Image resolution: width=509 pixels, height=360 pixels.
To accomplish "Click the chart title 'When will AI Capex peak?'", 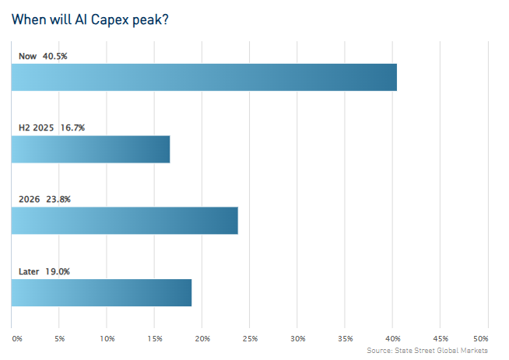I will [90, 19].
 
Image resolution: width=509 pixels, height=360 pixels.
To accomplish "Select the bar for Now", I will [204, 78].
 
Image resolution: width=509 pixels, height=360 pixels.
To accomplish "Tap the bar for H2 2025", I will [90, 149].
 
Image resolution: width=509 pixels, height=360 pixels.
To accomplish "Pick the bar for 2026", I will [125, 221].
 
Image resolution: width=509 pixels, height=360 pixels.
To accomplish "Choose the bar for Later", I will [101, 292].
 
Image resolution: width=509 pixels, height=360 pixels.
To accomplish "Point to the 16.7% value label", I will [72, 128].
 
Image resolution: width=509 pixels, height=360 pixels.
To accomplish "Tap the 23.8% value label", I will [58, 199].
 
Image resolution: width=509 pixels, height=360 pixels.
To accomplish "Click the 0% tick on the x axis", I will [17, 339].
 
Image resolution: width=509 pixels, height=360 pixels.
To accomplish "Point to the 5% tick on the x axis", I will [60, 339].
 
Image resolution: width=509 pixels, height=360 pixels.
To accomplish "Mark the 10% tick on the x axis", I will [107, 339].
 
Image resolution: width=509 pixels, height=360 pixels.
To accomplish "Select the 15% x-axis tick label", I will [155, 339].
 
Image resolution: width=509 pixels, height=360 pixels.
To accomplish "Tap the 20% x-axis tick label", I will [202, 339].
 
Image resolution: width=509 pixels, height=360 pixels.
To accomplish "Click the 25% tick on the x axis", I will [250, 339].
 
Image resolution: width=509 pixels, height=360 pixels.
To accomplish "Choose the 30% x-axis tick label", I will [298, 339].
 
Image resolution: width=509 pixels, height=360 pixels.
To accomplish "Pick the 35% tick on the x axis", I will [346, 339].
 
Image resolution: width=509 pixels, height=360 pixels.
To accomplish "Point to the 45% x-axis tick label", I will [441, 339].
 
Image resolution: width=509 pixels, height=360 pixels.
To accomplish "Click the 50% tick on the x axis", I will [480, 339].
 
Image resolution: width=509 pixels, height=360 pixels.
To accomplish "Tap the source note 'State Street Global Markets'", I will [428, 351].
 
